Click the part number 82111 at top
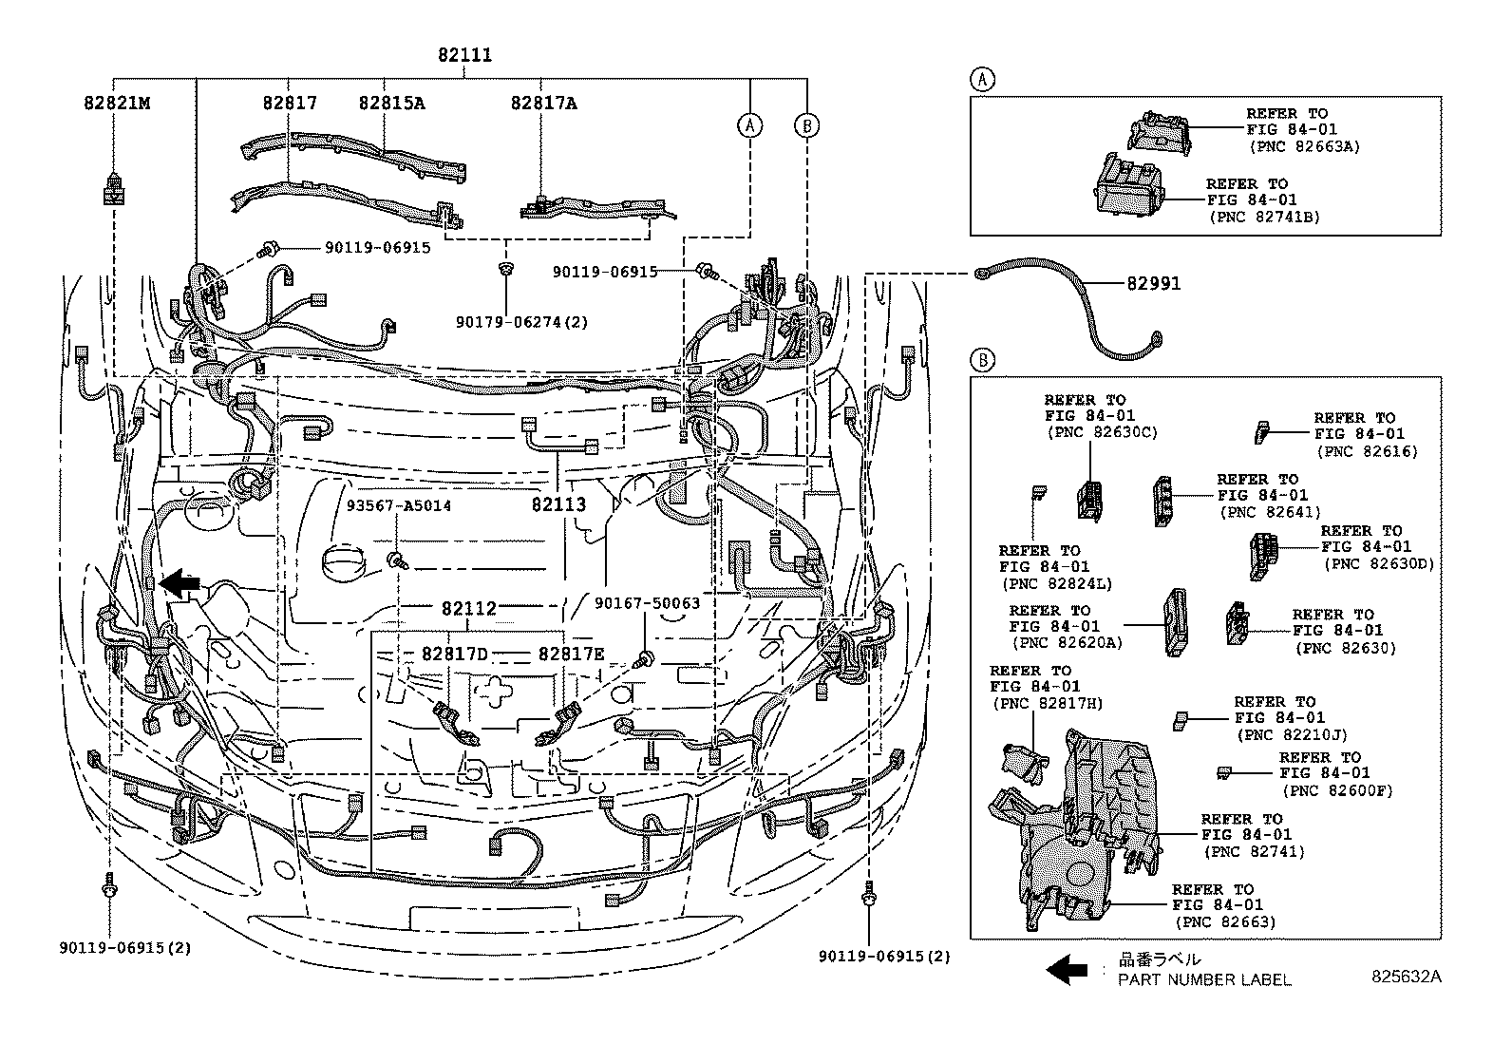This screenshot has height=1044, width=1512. (464, 55)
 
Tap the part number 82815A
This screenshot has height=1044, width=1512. (391, 103)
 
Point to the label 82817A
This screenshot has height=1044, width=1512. (543, 103)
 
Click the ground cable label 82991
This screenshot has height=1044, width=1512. (1153, 283)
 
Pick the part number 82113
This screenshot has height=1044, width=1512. (558, 504)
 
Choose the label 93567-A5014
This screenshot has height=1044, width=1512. (398, 505)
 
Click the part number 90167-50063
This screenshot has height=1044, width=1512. (647, 603)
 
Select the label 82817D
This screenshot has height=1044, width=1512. (454, 654)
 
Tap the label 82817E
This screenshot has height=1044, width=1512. (571, 654)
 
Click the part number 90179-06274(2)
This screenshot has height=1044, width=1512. (521, 322)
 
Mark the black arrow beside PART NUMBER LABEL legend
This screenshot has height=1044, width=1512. (1066, 969)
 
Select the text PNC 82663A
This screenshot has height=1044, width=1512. (1304, 146)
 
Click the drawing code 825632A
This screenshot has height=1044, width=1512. (1405, 976)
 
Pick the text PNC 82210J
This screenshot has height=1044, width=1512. (1291, 734)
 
